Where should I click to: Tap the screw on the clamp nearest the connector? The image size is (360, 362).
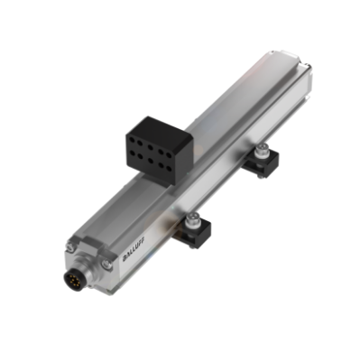[x=191, y=218]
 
